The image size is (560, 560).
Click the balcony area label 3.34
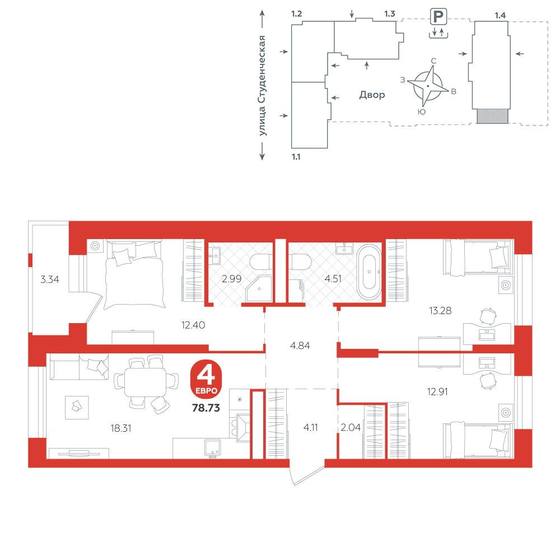(x=50, y=279)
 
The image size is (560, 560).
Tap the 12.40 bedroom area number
(x=193, y=325)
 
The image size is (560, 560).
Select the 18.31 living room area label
(x=121, y=428)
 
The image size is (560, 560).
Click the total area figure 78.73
(x=206, y=408)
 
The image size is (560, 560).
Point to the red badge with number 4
(x=206, y=378)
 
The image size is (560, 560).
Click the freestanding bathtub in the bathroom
(x=369, y=272)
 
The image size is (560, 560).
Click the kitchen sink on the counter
(x=212, y=449)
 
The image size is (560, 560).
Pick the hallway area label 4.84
(x=300, y=346)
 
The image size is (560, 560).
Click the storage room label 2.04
(x=351, y=427)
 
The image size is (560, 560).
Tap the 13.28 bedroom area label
(x=440, y=311)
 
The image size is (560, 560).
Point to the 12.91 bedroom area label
(x=437, y=392)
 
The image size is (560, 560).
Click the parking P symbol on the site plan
(x=438, y=17)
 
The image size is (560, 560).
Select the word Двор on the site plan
(x=372, y=95)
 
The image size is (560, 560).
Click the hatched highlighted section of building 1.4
(x=492, y=116)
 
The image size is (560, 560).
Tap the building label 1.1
(x=296, y=157)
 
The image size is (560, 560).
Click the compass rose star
(x=428, y=86)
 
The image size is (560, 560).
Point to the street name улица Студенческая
(x=262, y=86)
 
